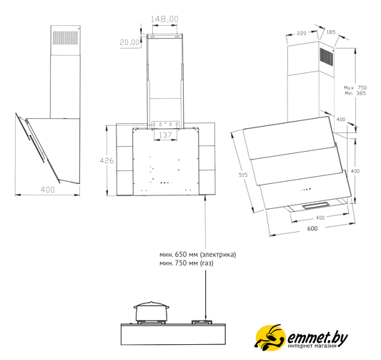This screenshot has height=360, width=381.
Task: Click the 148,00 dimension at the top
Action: [x=164, y=19]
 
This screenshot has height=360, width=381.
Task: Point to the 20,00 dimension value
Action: [x=130, y=42]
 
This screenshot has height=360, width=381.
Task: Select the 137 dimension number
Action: [x=165, y=135]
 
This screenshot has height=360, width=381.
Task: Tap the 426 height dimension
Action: [x=107, y=160]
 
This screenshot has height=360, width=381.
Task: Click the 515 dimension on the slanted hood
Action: [x=243, y=175]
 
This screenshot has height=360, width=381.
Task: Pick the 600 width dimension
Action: [x=312, y=228]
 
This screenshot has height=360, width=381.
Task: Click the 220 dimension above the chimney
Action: [x=302, y=33]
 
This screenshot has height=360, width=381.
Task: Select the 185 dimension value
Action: [x=331, y=32]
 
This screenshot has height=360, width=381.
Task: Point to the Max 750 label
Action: [x=355, y=87]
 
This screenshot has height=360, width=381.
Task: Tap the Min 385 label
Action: [x=355, y=93]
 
